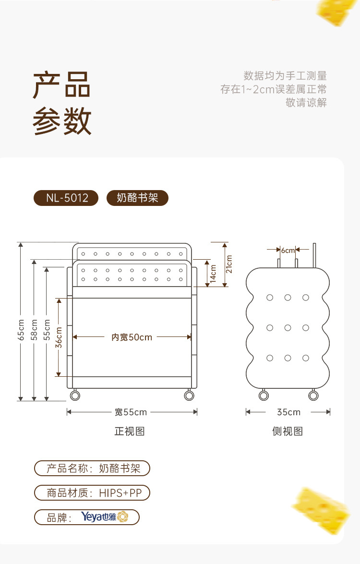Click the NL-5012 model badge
tap(66, 198)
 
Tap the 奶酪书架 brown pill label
tap(137, 198)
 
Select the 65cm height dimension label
tap(21, 330)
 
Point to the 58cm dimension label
tap(34, 330)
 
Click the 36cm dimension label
tap(59, 337)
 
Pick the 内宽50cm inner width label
tap(132, 337)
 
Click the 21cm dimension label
tap(229, 264)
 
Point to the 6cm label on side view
tap(288, 250)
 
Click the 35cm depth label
tap(288, 412)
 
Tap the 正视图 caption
tap(130, 431)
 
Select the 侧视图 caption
tap(288, 431)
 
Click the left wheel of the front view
tap(75, 396)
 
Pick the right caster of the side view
tap(313, 396)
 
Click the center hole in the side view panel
tap(288, 328)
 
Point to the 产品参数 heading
tap(62, 104)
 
